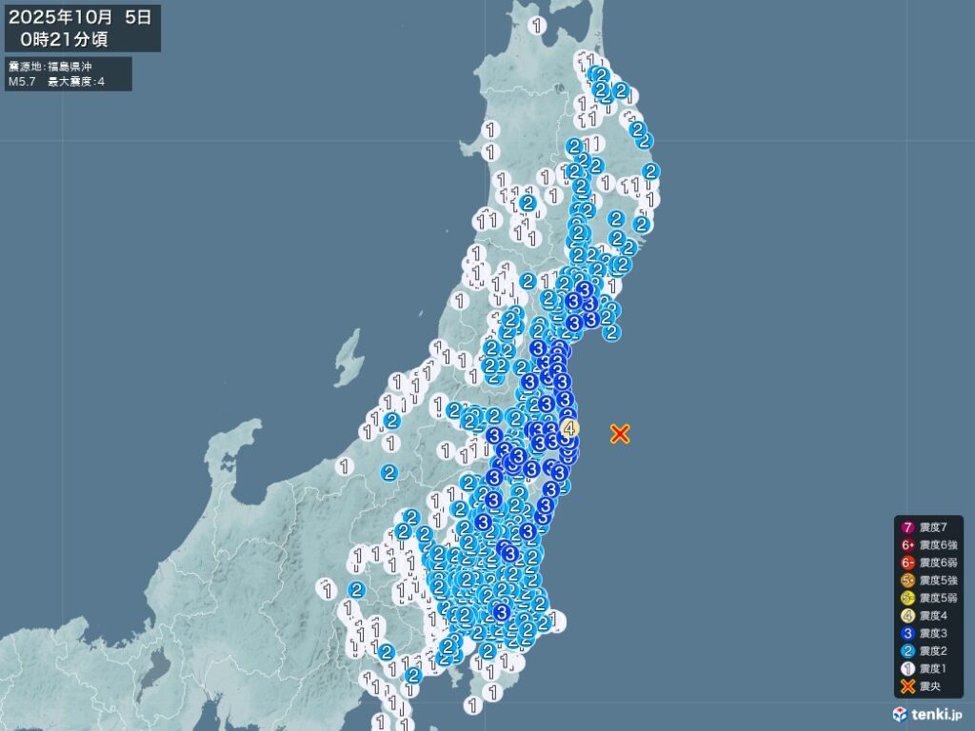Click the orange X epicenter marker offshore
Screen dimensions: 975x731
click(620, 434)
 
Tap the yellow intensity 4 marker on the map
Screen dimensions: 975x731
click(568, 428)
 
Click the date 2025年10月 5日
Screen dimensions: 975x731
click(80, 17)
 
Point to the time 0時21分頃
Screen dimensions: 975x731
click(70, 39)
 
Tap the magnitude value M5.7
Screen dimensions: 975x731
click(22, 82)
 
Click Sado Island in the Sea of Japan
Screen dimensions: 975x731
click(348, 358)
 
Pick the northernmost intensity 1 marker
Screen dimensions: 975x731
click(539, 26)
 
